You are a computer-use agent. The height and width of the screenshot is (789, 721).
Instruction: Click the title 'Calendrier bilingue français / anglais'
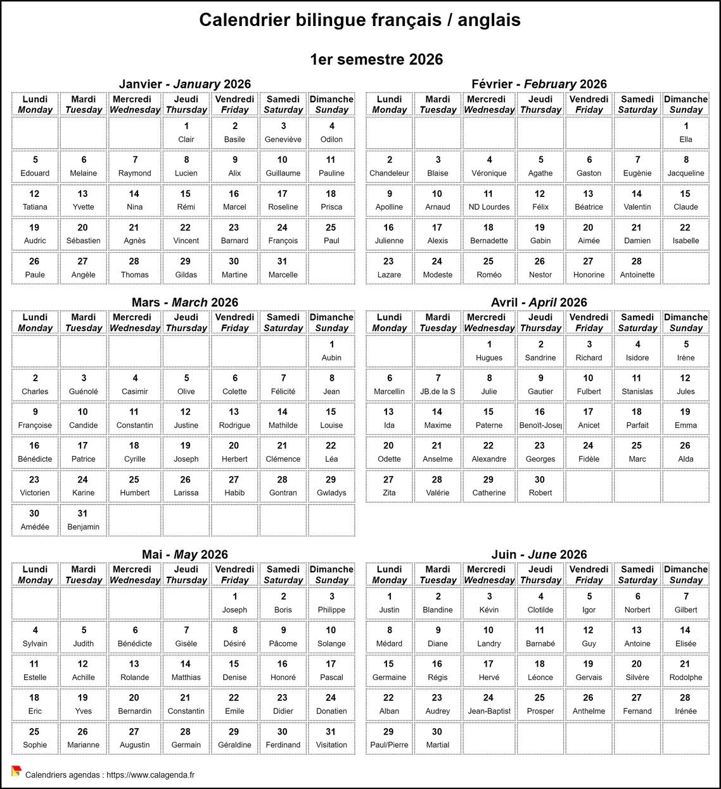point(360,20)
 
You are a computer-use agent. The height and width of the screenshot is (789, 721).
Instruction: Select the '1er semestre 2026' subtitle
point(376,60)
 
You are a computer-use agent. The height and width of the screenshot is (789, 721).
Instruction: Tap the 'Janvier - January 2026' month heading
point(185,84)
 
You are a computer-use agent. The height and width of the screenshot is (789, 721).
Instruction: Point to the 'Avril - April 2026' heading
point(539,303)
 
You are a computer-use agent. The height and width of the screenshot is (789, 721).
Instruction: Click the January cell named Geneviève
point(283,132)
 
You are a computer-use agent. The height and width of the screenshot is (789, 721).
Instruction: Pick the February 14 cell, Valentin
point(637,200)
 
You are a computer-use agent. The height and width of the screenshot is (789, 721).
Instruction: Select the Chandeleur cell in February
point(389,166)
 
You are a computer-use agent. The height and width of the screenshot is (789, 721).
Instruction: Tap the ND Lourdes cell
point(488,200)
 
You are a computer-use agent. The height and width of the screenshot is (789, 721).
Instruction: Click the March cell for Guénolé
point(84,384)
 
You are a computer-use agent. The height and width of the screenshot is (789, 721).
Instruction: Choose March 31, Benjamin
point(84,520)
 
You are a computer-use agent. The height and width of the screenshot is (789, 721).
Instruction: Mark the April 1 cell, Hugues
point(488,351)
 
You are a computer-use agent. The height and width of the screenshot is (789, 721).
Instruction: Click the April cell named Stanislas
point(637,384)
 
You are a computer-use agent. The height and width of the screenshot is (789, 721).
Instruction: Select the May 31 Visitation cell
point(331,738)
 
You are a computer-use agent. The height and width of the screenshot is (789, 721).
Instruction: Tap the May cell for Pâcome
point(283,636)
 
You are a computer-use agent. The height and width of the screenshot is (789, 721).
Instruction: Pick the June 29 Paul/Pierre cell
point(389,738)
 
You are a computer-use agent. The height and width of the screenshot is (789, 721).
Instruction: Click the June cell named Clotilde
point(540,603)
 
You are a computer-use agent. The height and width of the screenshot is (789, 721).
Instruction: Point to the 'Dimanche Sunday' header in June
point(686,574)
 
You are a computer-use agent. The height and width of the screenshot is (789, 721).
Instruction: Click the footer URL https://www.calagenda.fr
point(150,774)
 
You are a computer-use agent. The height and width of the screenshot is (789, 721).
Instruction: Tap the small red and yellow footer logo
point(16,771)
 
